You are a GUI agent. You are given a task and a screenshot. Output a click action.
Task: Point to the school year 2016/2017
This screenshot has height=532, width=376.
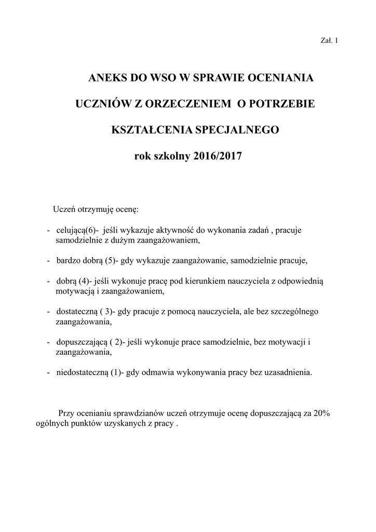(218, 155)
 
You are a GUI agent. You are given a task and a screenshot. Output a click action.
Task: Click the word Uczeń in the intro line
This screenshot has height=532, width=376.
(64, 209)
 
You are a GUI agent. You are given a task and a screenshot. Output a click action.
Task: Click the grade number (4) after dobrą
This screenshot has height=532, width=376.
(86, 281)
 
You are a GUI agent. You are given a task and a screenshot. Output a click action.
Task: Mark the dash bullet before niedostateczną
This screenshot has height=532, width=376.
(48, 373)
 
